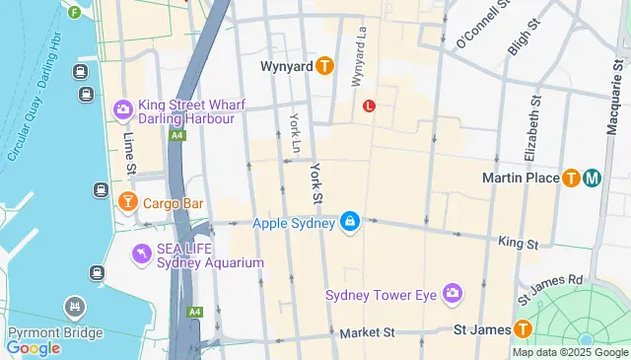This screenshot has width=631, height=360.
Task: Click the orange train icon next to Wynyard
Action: pos(325,66)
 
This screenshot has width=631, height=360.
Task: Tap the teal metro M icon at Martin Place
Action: pos(592,179)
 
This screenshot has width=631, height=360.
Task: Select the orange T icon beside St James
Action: pos(523,329)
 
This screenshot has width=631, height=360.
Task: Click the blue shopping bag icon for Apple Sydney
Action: pos(349,224)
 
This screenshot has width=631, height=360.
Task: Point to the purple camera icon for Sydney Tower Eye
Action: pos(453,294)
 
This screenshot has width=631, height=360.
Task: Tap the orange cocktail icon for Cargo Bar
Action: pos(127,203)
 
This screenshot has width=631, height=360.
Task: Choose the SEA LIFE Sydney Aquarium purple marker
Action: pos(142,254)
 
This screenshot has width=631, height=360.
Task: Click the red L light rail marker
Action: pos(370,106)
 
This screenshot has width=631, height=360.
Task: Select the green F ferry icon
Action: pos(75,12)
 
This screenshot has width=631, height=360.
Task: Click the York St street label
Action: pos(317,184)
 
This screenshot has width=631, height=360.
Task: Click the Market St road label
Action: pos(367,333)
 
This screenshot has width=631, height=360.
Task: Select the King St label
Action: pos(518,242)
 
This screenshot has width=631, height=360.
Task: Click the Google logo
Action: pos(33,347)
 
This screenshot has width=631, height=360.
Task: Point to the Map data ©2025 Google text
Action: pos(569,352)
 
